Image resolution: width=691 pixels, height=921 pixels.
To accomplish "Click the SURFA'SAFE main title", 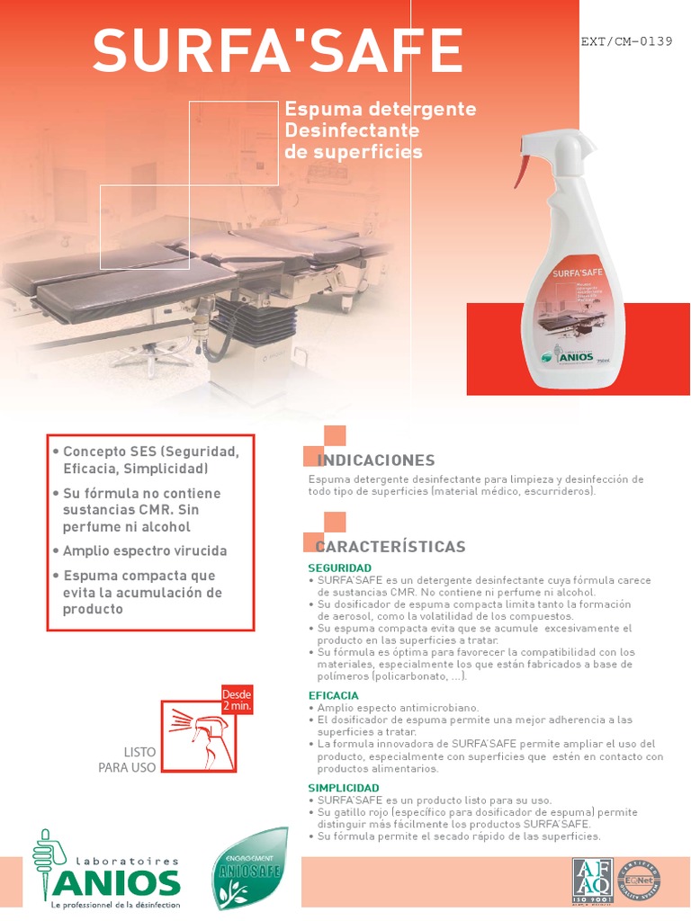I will point(277,51).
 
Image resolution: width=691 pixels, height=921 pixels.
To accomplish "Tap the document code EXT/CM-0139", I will point(626,41).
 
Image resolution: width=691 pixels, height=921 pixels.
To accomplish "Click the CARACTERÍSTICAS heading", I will point(390,547).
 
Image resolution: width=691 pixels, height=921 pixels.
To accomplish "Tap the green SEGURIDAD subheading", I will point(339,568).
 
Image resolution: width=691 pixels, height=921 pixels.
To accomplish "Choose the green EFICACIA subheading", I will point(333,695).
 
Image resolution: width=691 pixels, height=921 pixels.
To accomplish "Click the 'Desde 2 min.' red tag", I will point(237,699).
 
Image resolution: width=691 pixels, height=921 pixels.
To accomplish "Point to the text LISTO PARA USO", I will point(127,759).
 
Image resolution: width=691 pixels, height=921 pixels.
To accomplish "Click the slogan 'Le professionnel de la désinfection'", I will point(116,904).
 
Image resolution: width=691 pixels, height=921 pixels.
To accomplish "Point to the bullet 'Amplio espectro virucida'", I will point(144,550).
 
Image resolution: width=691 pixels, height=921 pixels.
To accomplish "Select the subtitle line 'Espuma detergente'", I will point(380,109).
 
